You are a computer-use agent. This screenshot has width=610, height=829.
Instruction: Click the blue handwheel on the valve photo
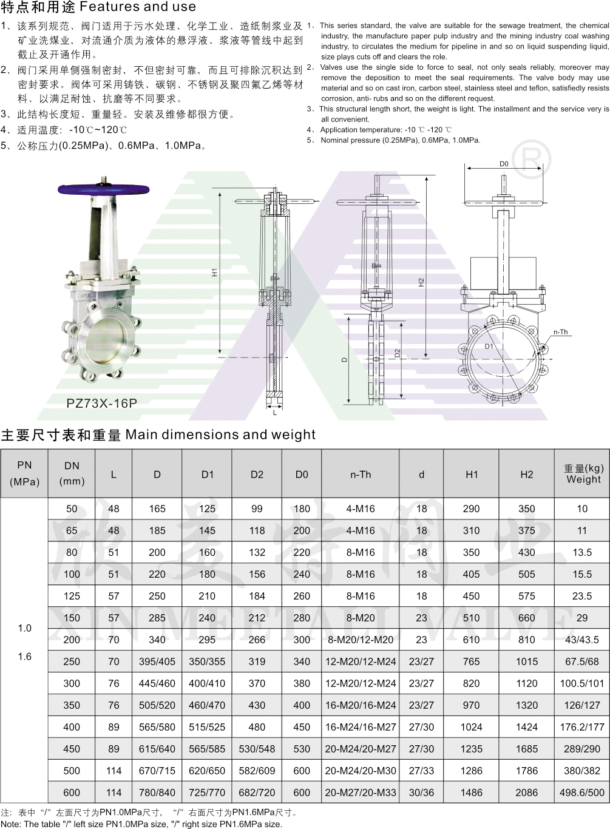pos(104,189)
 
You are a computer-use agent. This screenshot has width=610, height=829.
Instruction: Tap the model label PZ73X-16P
pos(102,403)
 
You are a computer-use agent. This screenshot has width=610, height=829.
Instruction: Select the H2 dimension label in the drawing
pos(421,282)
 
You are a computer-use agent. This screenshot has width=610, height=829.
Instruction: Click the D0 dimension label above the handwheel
pos(504,164)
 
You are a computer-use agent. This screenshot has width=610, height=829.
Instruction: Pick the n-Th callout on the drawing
pos(560,332)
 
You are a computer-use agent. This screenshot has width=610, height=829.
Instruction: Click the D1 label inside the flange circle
pos(489,347)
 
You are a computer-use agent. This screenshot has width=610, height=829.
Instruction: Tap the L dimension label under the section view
pos(274,413)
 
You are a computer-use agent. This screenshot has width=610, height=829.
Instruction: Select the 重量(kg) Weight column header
pos(583,474)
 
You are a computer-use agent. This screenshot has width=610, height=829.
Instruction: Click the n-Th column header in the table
pos(361,475)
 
